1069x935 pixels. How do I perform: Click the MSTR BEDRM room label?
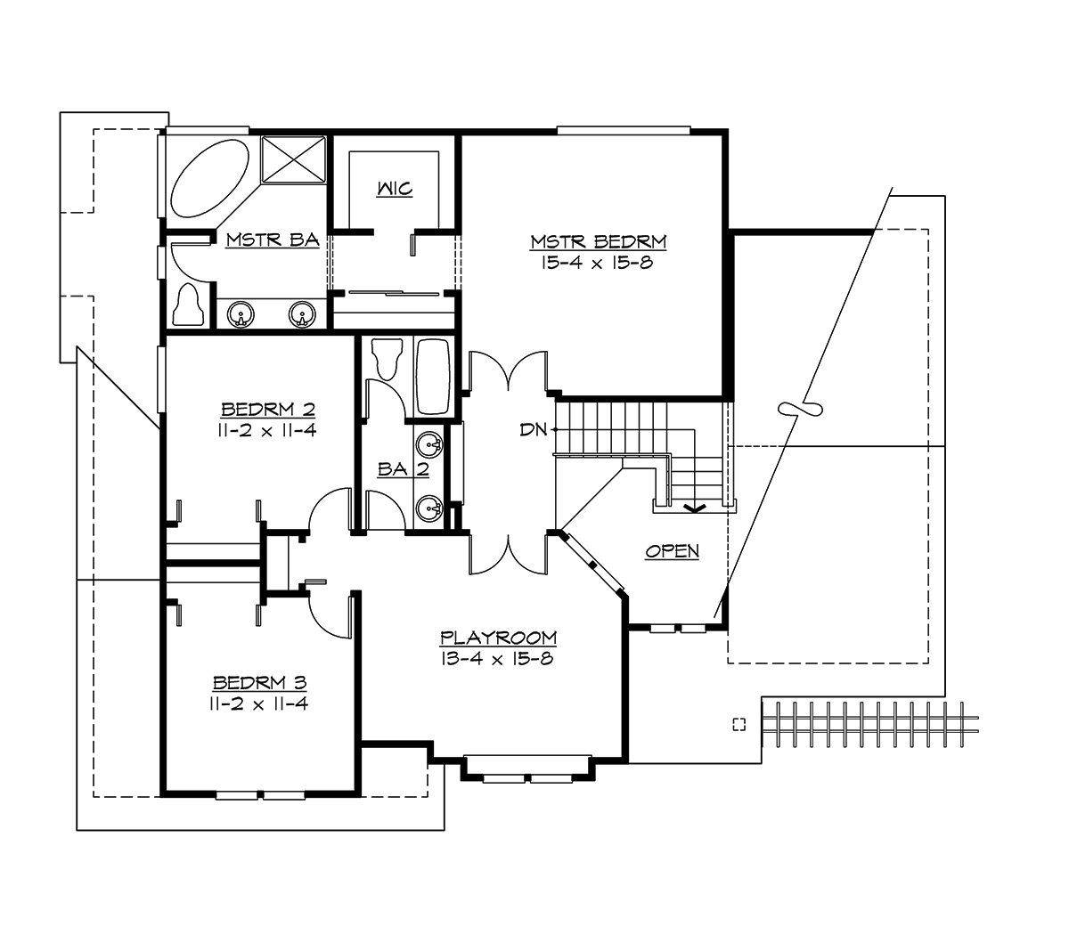tap(598, 241)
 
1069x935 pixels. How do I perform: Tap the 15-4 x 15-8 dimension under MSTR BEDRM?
tap(598, 263)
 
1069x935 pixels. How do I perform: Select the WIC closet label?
tap(394, 190)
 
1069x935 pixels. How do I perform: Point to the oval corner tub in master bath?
tap(211, 177)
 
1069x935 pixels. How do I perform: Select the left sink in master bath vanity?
tap(241, 314)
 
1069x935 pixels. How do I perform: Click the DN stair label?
tap(533, 430)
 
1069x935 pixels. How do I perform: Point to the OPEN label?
tap(673, 552)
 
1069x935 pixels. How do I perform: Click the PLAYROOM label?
tap(498, 638)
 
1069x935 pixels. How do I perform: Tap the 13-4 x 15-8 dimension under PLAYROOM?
tap(498, 659)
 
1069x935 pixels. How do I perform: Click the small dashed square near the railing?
tap(738, 724)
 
